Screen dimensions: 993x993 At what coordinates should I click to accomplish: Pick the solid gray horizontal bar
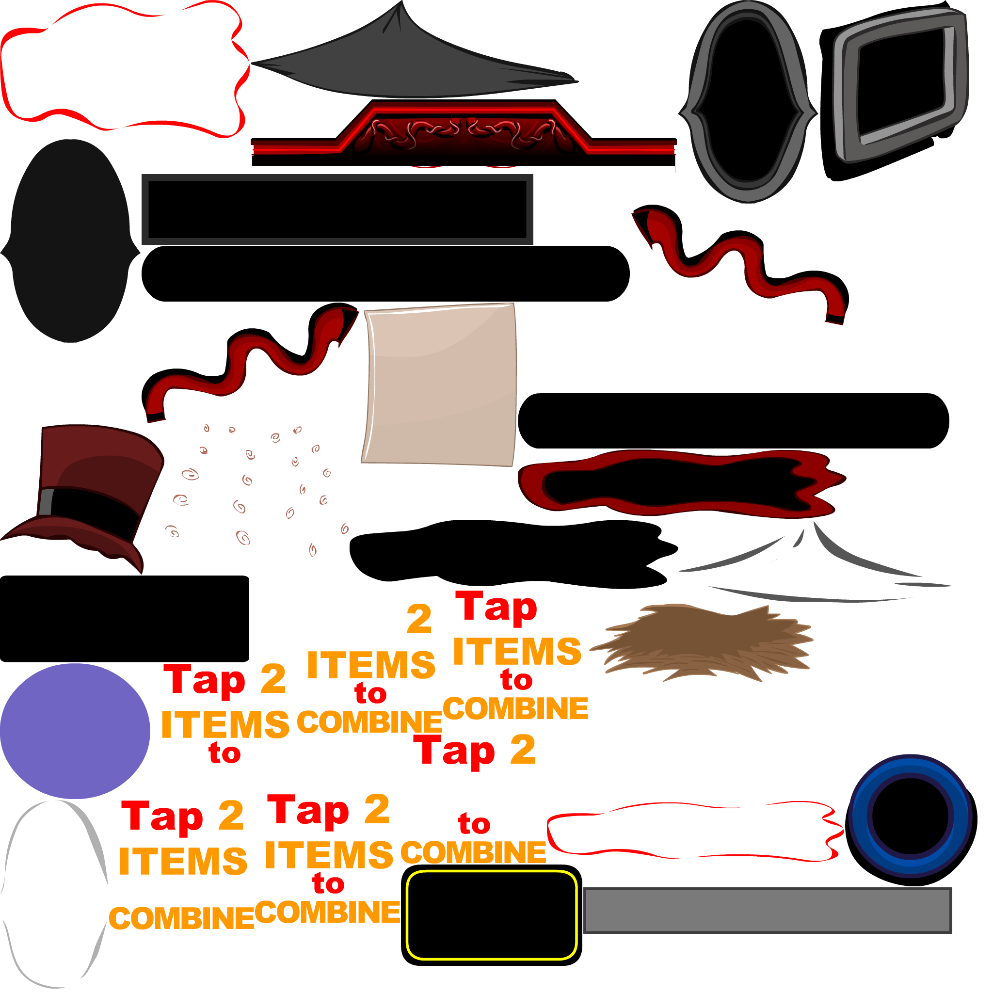click(768, 910)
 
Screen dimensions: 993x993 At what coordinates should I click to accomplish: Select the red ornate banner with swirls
click(463, 134)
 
